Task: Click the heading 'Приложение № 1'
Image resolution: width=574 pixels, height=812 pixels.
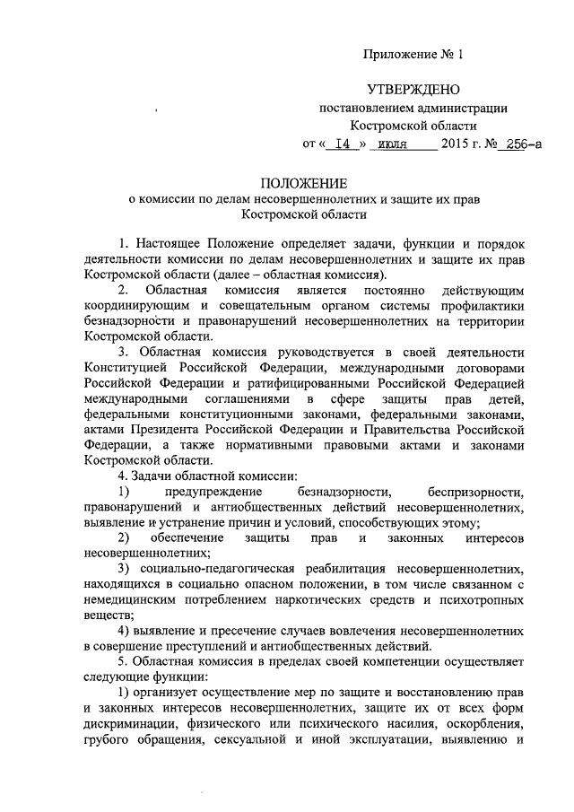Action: [413, 55]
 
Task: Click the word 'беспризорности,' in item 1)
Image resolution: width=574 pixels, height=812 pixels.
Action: [474, 491]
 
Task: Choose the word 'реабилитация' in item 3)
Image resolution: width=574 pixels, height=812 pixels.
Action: [344, 568]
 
